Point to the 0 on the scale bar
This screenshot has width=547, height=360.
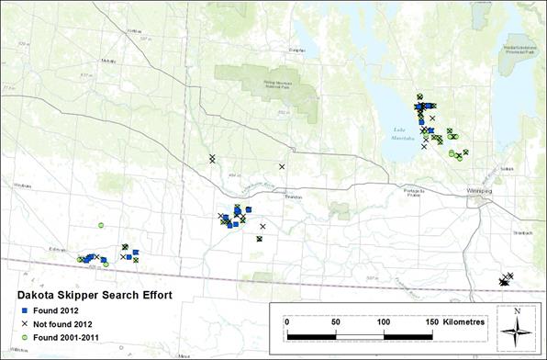pos(286,321)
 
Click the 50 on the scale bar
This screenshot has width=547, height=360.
pos(336,321)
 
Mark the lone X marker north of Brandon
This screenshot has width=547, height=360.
pos(283,166)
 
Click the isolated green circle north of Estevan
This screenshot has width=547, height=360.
pos(101,225)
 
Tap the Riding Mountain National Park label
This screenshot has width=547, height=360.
pos(285,93)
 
